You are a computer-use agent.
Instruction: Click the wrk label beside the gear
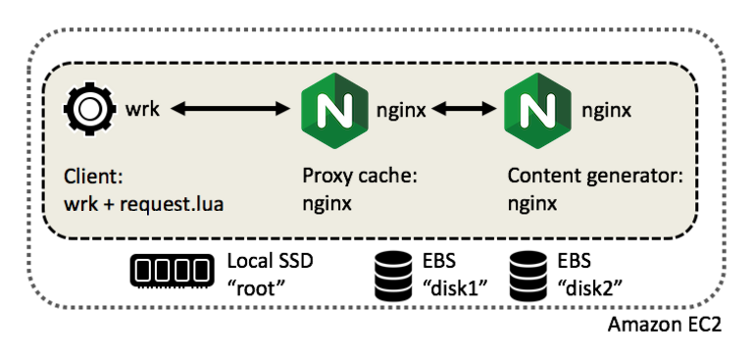click(x=142, y=110)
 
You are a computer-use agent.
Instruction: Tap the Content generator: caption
click(x=580, y=179)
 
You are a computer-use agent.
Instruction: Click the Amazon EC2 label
click(x=665, y=325)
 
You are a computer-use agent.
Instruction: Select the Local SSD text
click(x=266, y=262)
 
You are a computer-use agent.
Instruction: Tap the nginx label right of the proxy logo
click(x=401, y=110)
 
